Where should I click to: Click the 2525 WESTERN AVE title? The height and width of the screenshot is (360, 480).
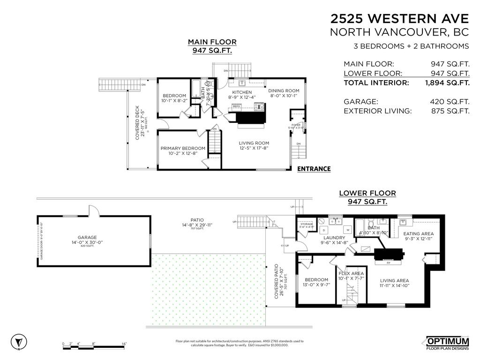tap(399, 19)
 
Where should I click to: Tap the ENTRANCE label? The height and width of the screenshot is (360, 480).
tap(314, 169)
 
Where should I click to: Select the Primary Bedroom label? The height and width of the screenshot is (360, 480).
tap(183, 148)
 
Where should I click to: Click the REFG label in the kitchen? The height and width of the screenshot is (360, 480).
tap(236, 107)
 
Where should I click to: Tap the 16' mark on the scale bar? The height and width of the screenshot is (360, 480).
tap(124, 344)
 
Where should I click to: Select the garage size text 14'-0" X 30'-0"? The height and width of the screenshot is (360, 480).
tap(87, 242)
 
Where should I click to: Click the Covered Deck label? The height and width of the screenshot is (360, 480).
tap(137, 122)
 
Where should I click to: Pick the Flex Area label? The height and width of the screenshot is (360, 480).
tap(351, 273)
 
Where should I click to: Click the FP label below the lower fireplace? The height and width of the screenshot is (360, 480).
tap(388, 263)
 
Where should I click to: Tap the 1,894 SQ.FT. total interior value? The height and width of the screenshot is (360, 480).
tap(447, 83)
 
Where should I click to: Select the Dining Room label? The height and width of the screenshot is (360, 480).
tap(284, 91)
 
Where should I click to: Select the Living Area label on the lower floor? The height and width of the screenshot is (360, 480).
tap(394, 280)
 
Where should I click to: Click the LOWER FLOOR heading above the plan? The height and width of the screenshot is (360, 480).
tap(367, 193)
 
